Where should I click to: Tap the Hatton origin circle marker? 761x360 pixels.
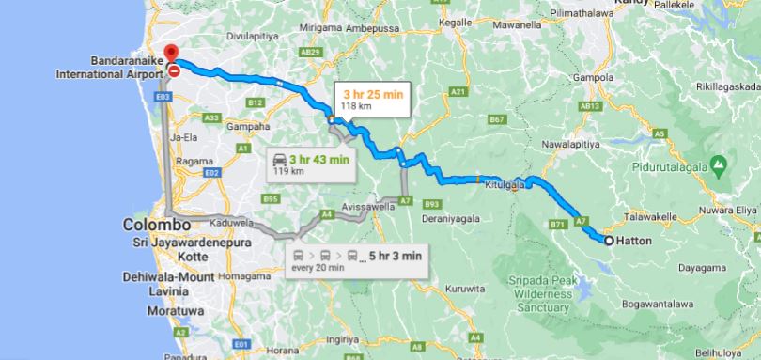(x=609, y=242)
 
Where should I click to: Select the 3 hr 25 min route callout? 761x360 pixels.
(x=372, y=100)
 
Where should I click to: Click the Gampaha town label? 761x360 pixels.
(x=241, y=126)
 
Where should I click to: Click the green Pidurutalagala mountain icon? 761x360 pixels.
(x=719, y=165)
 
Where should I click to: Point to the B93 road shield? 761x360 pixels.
(x=432, y=203)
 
